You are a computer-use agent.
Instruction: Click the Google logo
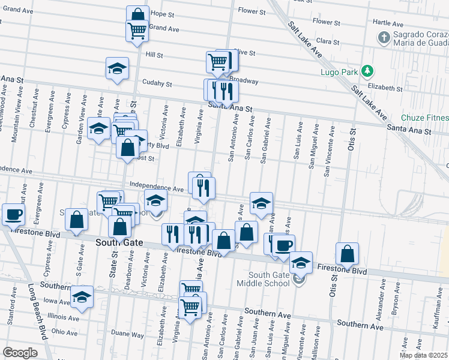[x=20, y=353]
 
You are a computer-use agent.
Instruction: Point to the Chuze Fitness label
[x=426, y=118]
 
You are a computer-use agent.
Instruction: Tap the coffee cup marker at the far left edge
[x=13, y=214]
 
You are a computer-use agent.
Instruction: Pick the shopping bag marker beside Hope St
[x=137, y=16]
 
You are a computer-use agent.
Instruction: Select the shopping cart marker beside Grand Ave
[x=137, y=30]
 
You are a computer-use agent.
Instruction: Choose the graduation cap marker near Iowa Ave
[x=82, y=296]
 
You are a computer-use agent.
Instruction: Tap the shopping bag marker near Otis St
[x=348, y=253]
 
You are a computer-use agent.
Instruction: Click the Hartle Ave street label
[x=387, y=22]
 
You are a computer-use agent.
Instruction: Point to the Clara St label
[x=328, y=42]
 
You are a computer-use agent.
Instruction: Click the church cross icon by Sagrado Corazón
[x=384, y=38]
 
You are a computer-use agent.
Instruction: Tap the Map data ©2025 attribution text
[x=424, y=355]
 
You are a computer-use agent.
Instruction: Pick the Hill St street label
[x=155, y=55]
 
